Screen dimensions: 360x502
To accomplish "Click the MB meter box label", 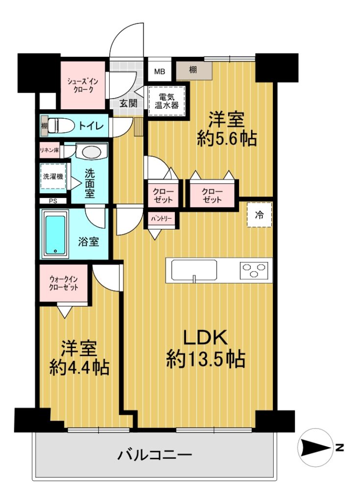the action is (160, 72).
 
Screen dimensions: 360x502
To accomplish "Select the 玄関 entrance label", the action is (129, 103).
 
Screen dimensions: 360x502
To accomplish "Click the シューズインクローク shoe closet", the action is (83, 85).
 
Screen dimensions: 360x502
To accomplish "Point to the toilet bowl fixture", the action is (61, 125).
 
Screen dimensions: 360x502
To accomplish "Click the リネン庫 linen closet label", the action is (49, 150).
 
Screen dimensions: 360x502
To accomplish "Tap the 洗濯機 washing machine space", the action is (53, 176).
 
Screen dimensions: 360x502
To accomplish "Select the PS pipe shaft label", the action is (53, 201).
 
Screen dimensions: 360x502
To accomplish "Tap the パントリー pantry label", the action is (162, 219).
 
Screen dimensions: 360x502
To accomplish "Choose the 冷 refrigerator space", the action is (260, 215).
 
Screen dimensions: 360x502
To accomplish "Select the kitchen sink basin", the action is (194, 270).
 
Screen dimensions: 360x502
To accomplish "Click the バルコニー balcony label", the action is (155, 454).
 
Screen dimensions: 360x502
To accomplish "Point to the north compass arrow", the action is (316, 448).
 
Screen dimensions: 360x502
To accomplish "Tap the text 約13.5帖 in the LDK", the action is (205, 359).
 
